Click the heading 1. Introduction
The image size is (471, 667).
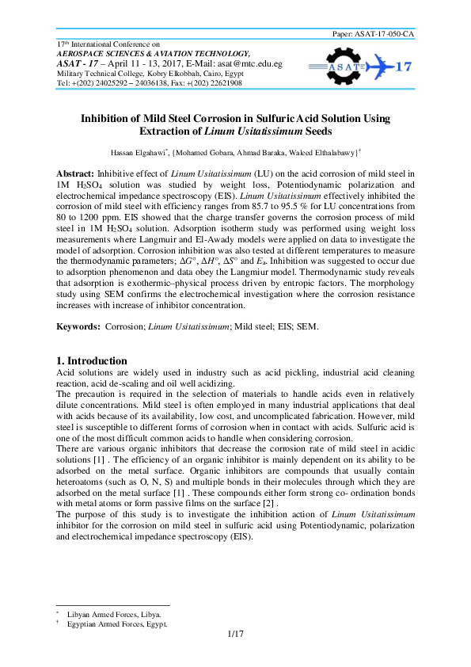pyautogui.click(x=93, y=360)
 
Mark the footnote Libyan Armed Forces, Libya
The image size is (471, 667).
pyautogui.click(x=115, y=615)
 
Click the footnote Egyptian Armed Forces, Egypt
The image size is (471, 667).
pyautogui.click(x=118, y=624)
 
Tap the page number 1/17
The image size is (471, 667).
pyautogui.click(x=235, y=634)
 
